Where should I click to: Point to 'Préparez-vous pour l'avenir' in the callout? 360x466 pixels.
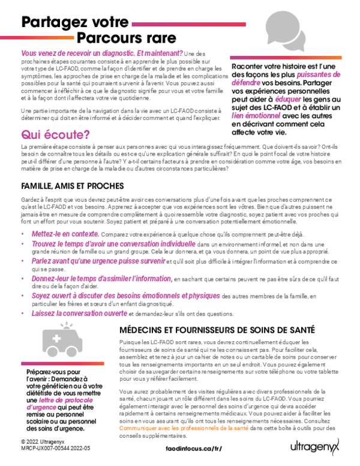pos(55,376)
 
